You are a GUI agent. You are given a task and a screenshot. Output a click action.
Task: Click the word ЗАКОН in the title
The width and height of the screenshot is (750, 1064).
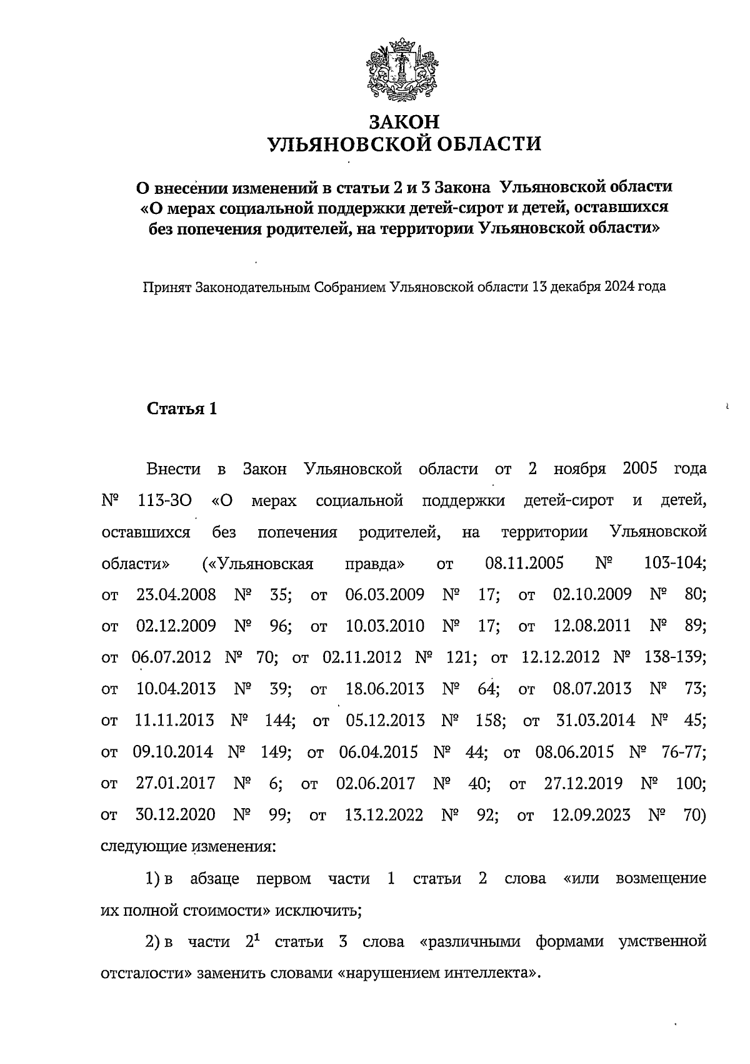[x=404, y=121]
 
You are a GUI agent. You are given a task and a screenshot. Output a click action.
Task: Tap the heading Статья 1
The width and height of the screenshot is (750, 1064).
[x=182, y=409]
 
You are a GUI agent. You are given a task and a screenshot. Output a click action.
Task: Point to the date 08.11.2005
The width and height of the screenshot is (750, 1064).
[x=524, y=563]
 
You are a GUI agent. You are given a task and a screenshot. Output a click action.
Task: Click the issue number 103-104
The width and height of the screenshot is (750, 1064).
[x=675, y=563]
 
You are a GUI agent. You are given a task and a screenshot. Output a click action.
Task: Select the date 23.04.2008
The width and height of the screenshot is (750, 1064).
[x=176, y=594]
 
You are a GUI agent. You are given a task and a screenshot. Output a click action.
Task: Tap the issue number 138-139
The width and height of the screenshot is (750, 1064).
[x=675, y=657]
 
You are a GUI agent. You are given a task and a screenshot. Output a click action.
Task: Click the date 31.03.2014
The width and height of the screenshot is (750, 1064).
[x=595, y=720]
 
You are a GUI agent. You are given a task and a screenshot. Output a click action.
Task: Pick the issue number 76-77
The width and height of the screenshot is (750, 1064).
[x=684, y=751]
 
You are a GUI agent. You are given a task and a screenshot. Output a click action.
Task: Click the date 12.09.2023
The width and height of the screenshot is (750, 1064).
[x=592, y=815]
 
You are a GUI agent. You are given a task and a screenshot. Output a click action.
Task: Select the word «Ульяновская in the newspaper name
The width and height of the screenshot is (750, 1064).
[x=258, y=563]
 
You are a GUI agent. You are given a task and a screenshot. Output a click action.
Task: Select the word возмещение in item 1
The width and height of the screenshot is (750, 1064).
[x=661, y=878]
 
